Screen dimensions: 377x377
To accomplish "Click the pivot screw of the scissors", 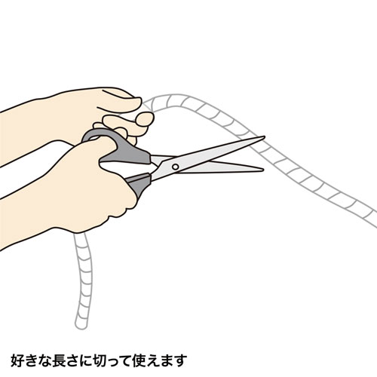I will pyautogui.click(x=175, y=164).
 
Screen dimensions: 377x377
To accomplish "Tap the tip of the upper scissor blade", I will pyautogui.click(x=265, y=138).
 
